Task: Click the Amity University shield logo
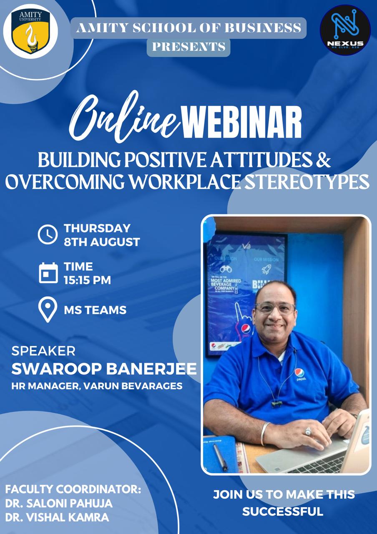point(31,31)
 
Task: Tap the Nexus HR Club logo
point(345,30)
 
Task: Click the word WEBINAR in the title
point(241,123)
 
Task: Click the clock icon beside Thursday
point(48,234)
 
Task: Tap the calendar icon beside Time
point(48,273)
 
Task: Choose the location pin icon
point(48,310)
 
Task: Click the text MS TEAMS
point(95,310)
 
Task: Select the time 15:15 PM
point(87,280)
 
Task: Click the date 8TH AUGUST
point(102,242)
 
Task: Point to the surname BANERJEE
point(151,369)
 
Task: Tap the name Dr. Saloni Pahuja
point(59,503)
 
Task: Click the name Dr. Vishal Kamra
point(57,517)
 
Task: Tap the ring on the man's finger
point(308,431)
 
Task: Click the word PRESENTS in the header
point(189,47)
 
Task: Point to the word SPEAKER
point(43,351)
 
